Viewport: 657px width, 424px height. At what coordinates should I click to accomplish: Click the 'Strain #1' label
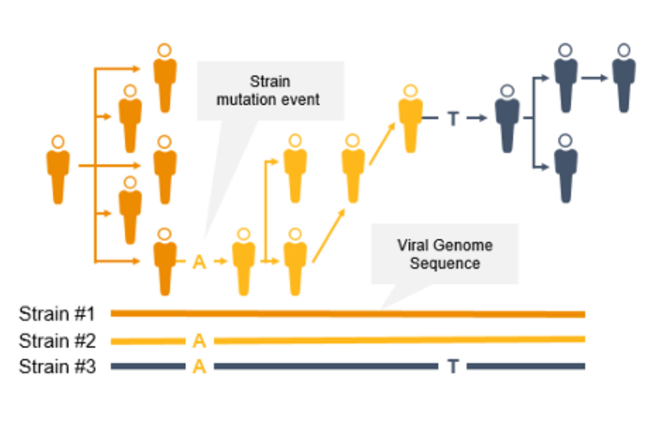(x=57, y=314)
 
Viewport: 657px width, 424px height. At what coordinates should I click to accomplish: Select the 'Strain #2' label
(x=57, y=341)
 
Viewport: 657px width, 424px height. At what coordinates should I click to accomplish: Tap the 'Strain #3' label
(x=57, y=366)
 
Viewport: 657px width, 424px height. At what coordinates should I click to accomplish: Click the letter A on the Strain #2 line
(x=200, y=341)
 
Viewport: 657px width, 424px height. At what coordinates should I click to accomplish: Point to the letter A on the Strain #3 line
(x=200, y=366)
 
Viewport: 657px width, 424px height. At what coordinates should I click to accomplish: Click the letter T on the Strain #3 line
(x=453, y=366)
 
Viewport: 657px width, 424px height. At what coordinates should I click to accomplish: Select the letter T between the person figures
(x=453, y=119)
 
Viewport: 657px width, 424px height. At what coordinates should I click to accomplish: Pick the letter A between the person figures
(x=200, y=262)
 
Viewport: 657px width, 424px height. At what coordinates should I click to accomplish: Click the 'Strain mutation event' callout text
(x=268, y=91)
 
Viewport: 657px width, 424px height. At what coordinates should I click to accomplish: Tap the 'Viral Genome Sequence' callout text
(x=445, y=254)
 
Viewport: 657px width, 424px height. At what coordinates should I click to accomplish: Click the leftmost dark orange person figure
(x=58, y=170)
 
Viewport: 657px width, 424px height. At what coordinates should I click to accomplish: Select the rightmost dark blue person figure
(x=624, y=78)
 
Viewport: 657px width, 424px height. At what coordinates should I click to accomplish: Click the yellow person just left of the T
(x=410, y=120)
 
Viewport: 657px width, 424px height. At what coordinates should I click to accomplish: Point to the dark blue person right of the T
(x=507, y=120)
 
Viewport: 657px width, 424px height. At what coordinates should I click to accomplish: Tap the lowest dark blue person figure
(x=566, y=170)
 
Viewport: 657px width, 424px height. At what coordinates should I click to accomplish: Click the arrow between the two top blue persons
(x=594, y=78)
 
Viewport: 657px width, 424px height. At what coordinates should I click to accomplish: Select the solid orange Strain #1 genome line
(x=348, y=314)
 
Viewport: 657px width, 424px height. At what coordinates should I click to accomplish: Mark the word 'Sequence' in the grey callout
(x=445, y=263)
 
